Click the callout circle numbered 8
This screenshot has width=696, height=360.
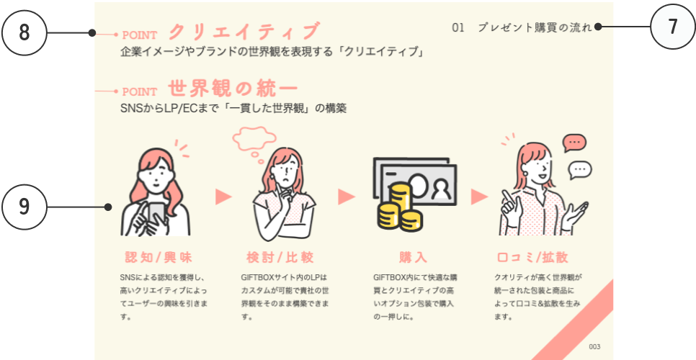click(x=24, y=33)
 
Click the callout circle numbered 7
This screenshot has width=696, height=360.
click(x=673, y=27)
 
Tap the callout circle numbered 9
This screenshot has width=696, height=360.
click(x=24, y=207)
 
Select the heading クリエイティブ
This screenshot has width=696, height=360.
click(x=244, y=32)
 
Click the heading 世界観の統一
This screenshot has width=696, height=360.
click(x=233, y=89)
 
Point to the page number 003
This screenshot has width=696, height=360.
click(x=594, y=347)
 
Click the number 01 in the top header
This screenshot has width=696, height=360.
click(x=458, y=28)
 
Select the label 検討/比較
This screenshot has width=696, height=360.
click(x=280, y=257)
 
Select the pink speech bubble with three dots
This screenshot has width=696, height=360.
click(x=574, y=143)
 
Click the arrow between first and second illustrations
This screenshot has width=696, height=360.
click(x=223, y=197)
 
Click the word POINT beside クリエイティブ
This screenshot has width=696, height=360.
click(x=140, y=35)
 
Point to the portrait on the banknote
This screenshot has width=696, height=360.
click(x=440, y=189)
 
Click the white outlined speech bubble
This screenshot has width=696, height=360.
click(x=579, y=170)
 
